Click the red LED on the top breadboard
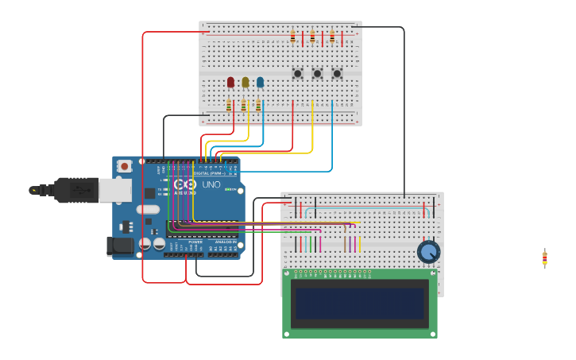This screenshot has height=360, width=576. pos(231,82)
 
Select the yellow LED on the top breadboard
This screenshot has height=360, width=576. pos(245,82)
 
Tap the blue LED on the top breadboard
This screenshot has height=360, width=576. pos(260,82)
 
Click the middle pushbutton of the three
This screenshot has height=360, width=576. pos(317,74)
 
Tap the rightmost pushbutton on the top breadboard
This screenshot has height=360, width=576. pos(337,74)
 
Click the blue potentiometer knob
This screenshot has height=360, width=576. pos(428,252)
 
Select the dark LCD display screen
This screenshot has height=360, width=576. pos(359,303)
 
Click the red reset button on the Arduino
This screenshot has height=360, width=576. pos(124,167)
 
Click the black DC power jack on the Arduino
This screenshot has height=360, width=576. pos(120,246)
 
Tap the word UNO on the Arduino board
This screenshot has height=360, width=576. pos(211,184)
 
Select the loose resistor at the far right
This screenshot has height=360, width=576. pos(544,258)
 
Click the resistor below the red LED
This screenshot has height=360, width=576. pos(229,105)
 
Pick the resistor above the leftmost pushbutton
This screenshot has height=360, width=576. pos(292,37)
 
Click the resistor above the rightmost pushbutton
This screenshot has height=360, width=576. pos(332,37)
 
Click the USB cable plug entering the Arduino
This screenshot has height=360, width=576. pos(76,190)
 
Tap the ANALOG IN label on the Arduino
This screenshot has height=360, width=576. pos(225,242)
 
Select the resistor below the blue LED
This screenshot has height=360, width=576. pos(258,105)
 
